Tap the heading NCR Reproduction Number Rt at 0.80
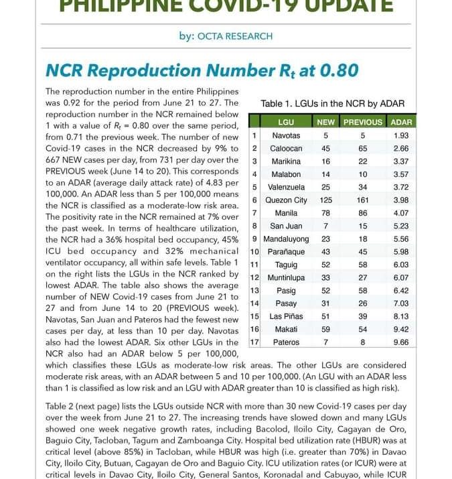(x=202, y=70)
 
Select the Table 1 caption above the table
(x=332, y=104)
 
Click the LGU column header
(x=286, y=122)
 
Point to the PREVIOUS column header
(x=363, y=122)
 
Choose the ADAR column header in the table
(x=401, y=122)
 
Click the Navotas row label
(x=286, y=135)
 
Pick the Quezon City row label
(x=286, y=200)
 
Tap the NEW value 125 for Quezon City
(x=326, y=200)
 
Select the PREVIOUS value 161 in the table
(x=363, y=200)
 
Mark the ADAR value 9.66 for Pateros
(x=401, y=342)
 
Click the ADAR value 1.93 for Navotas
(x=401, y=135)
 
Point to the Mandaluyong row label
(x=286, y=238)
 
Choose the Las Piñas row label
(x=286, y=316)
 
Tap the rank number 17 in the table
(x=254, y=342)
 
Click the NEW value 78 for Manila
(x=326, y=213)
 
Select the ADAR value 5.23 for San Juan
(x=401, y=226)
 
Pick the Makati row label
(x=286, y=329)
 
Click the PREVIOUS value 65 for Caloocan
(x=363, y=148)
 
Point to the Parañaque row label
(x=286, y=251)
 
